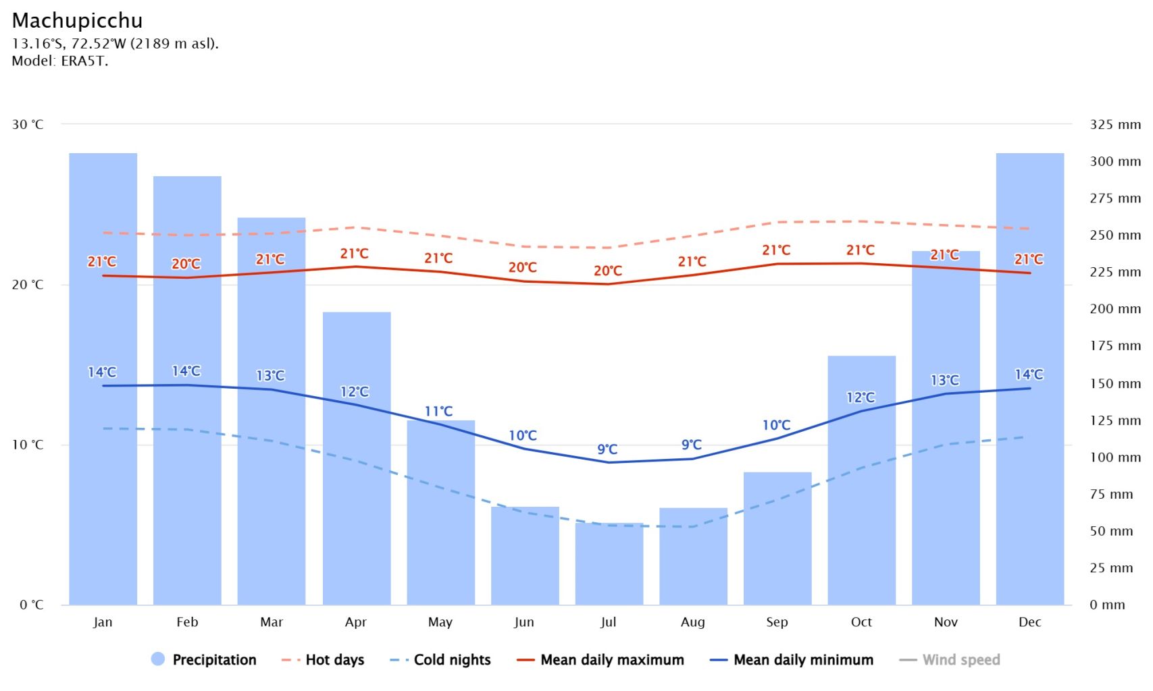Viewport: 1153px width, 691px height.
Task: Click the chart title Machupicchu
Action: point(77,21)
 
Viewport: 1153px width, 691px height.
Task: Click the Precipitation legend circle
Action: point(158,659)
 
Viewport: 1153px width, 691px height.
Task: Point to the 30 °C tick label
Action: point(28,125)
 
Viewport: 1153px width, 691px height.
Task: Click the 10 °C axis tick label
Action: point(28,445)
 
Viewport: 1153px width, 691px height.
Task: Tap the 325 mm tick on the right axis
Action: point(1114,125)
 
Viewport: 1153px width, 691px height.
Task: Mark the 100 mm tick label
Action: point(1114,458)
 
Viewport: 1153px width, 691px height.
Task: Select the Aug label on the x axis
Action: point(692,622)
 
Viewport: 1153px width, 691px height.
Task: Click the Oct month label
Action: point(861,622)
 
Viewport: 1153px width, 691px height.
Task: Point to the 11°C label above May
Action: point(438,411)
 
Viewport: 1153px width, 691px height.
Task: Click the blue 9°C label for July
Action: point(607,449)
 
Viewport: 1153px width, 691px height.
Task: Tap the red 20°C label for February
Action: point(186,264)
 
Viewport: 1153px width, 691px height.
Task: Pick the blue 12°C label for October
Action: point(861,397)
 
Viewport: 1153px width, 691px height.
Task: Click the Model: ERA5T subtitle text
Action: point(59,61)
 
